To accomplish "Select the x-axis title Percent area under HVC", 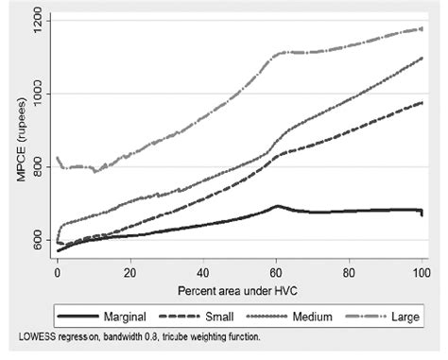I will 239,286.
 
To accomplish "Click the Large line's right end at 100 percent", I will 422,28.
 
